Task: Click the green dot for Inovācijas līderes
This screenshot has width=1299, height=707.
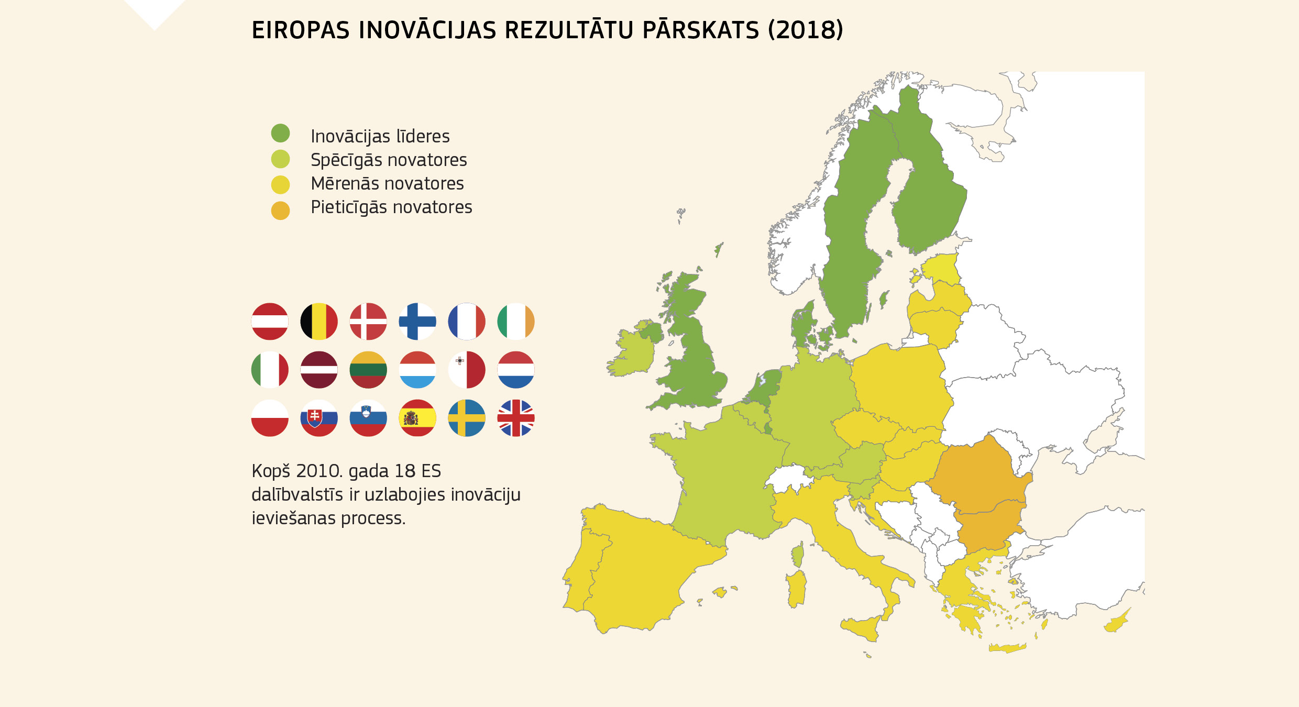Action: [280, 133]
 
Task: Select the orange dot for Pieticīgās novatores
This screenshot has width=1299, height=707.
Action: [280, 211]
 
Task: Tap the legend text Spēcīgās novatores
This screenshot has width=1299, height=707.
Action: [388, 160]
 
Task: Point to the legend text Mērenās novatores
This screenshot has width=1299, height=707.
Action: [387, 183]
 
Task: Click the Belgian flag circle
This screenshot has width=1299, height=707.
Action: [319, 322]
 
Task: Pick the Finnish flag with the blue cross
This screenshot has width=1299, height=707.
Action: [417, 322]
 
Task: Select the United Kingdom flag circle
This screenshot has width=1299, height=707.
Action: [516, 418]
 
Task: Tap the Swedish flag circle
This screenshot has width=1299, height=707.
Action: [467, 418]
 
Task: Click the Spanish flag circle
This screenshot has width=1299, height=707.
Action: [417, 418]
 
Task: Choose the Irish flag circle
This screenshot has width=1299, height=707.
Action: [516, 322]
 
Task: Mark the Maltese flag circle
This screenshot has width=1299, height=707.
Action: [467, 370]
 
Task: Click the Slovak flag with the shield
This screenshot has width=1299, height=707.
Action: [319, 418]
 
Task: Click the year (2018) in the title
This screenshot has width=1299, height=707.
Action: [806, 30]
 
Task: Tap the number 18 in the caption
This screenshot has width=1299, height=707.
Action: [405, 471]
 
